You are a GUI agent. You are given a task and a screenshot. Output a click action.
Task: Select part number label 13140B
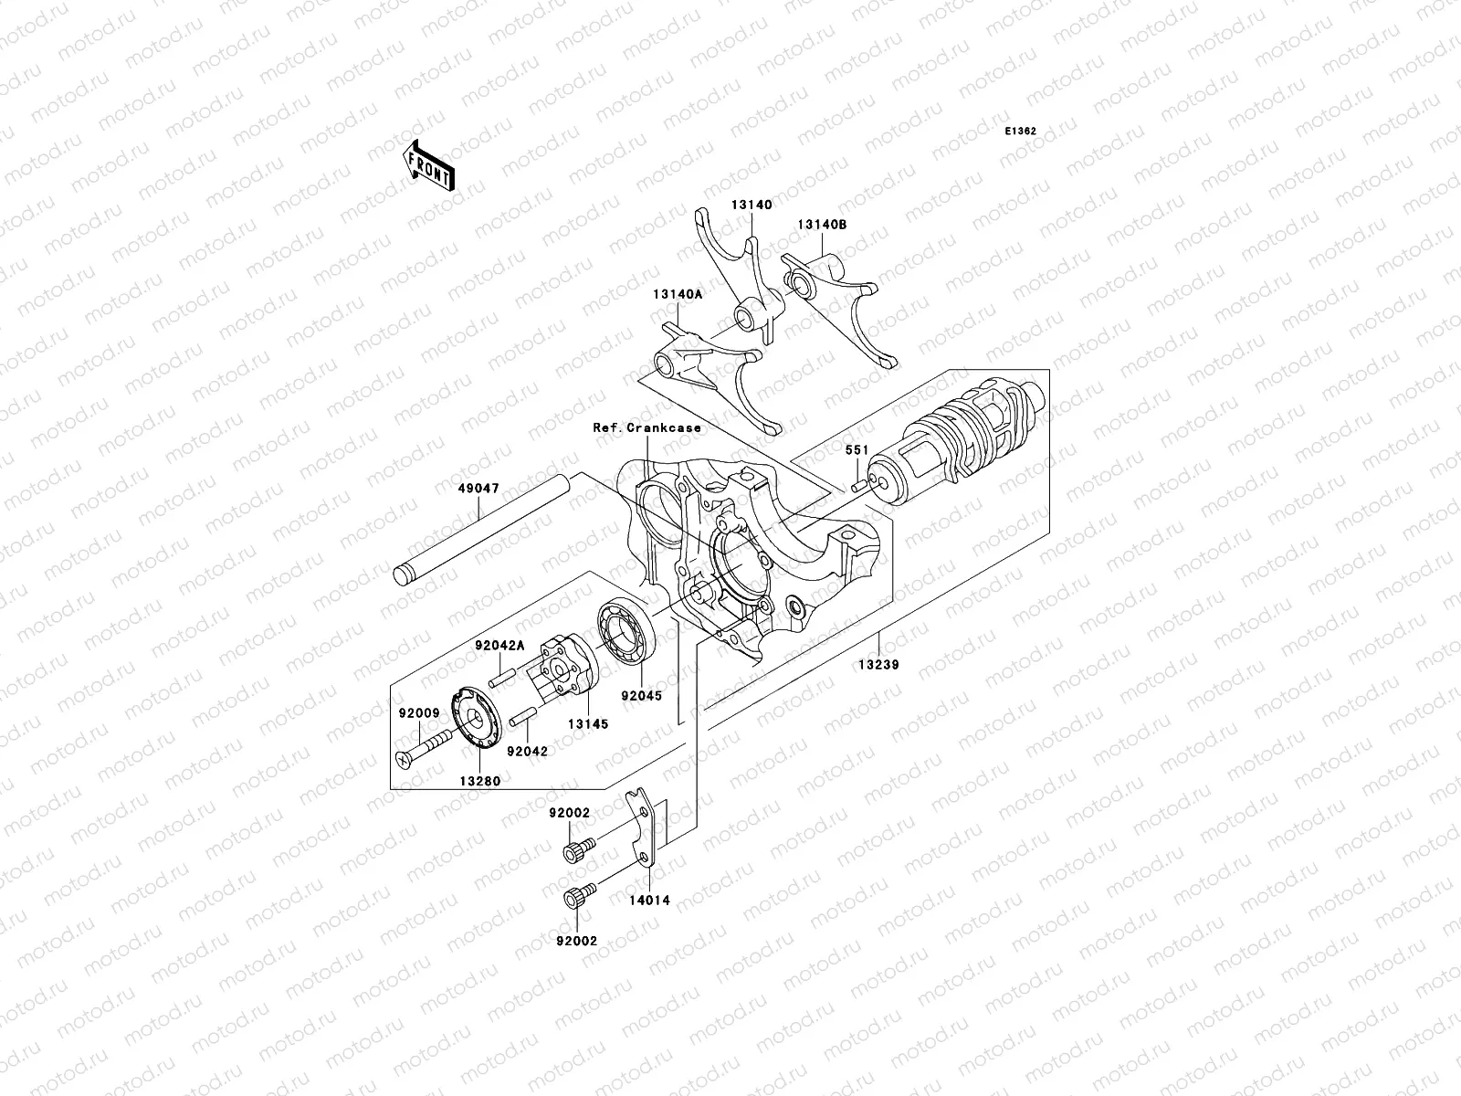(x=822, y=225)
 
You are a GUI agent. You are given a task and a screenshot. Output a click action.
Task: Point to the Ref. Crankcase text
(x=646, y=427)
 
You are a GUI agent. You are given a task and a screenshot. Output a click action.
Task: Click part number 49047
(x=478, y=489)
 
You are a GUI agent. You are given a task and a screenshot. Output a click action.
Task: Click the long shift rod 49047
(x=484, y=530)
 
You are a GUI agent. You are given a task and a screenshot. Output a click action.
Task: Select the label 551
(x=856, y=450)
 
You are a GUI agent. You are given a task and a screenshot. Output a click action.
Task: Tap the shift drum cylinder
(x=959, y=438)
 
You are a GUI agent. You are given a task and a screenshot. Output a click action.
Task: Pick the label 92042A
(x=499, y=646)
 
